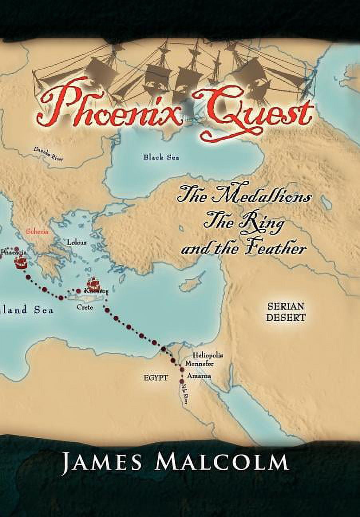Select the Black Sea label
[161, 157]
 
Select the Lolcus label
[77, 242]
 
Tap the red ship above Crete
[93, 285]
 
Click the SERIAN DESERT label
[286, 312]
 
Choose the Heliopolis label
[208, 355]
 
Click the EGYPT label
[156, 377]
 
